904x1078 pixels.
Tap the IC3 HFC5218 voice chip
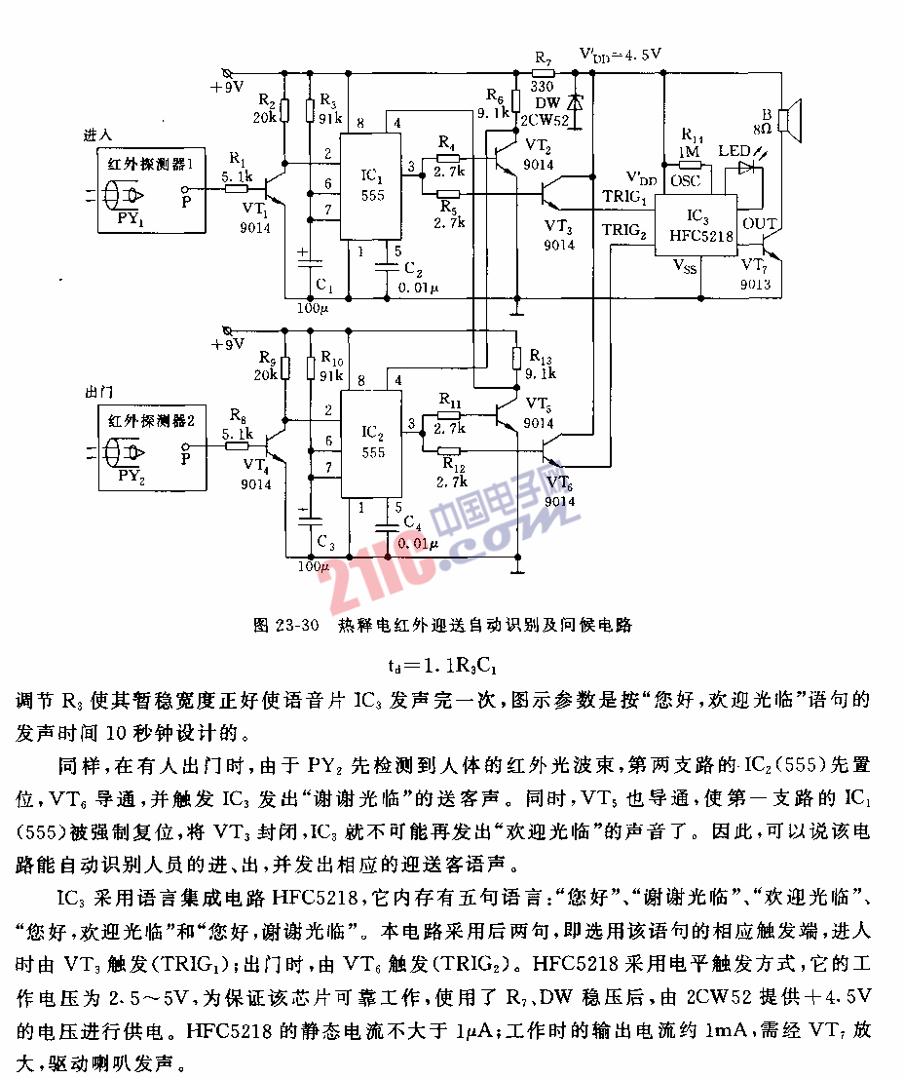click(x=694, y=223)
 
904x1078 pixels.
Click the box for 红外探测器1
click(x=150, y=189)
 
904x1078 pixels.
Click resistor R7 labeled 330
click(x=543, y=73)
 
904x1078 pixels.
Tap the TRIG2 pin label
click(x=624, y=230)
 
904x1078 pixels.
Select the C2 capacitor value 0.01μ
click(x=418, y=288)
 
